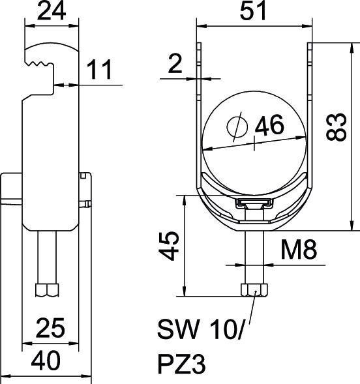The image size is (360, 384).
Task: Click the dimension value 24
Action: [x=52, y=12]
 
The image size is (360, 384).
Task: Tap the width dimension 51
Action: [x=254, y=12]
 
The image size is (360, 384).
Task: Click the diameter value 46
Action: [x=269, y=126]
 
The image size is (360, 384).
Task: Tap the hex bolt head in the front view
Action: [x=254, y=290]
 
